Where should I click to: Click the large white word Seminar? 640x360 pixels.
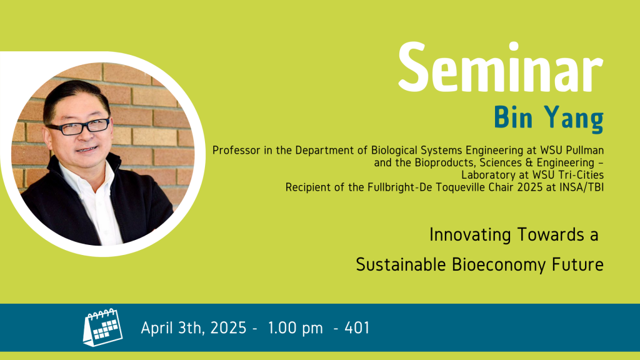pyautogui.click(x=501, y=67)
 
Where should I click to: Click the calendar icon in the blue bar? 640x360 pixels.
pyautogui.click(x=103, y=327)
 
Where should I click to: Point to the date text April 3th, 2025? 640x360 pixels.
pyautogui.click(x=194, y=327)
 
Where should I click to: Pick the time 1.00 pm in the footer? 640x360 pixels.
pyautogui.click(x=296, y=327)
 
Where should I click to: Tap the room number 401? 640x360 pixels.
pyautogui.click(x=357, y=327)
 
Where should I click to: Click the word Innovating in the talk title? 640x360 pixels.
pyautogui.click(x=470, y=235)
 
